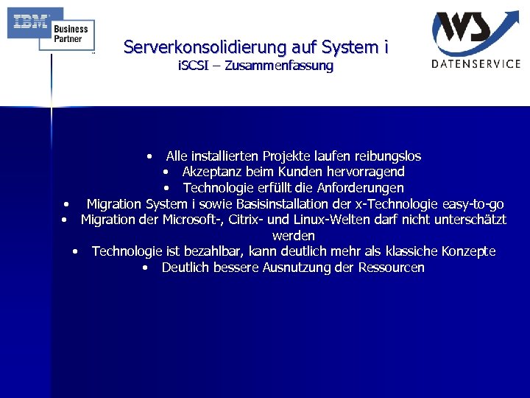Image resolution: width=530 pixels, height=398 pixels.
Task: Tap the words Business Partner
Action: pos(71,34)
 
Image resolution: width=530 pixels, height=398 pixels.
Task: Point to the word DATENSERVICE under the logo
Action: pos(476,63)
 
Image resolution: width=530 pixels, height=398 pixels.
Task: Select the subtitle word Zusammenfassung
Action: pos(279,66)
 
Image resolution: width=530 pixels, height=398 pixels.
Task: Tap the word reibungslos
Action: pos(388,156)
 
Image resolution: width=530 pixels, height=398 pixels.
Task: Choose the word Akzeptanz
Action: pos(212,172)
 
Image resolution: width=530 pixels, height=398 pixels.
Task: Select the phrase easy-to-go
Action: pos(472,203)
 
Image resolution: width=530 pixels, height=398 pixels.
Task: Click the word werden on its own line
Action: pos(293,236)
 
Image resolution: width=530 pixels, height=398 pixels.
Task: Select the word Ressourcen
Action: pos(391,268)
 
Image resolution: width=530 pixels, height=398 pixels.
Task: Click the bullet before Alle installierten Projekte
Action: pos(150,156)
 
